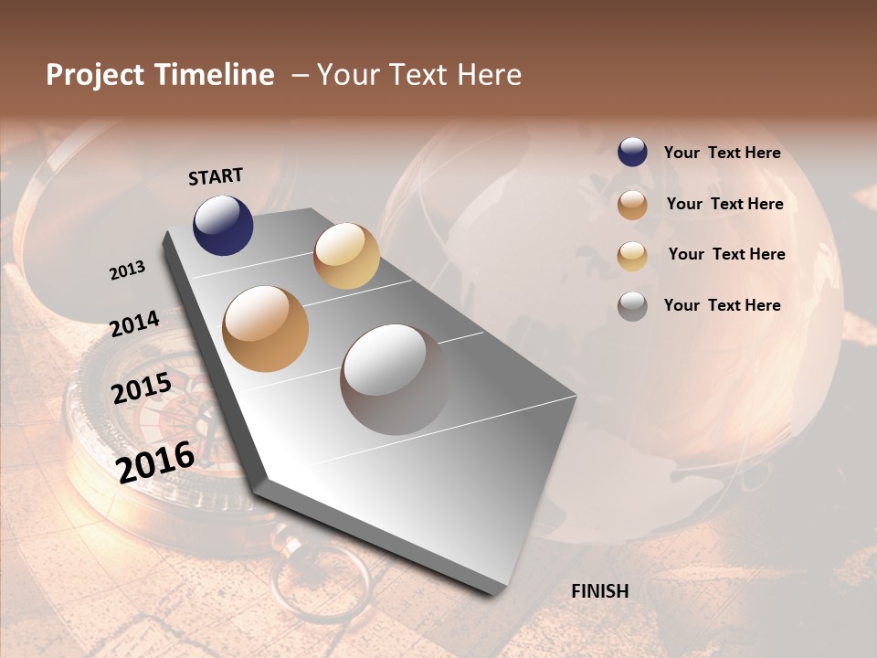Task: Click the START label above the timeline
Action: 216,175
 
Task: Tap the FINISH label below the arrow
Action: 599,591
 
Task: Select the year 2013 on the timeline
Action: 128,271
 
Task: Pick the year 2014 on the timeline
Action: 134,324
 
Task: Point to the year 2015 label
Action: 142,387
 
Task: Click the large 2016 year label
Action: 155,462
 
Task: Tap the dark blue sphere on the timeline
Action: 223,225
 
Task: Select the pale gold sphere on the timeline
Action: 346,256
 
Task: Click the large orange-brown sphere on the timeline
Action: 266,329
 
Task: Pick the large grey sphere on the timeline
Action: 395,379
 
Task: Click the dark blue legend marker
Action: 632,152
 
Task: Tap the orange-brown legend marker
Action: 632,205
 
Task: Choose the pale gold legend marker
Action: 632,256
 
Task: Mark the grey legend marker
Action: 632,306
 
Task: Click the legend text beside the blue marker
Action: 722,153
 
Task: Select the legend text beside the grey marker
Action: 722,305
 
